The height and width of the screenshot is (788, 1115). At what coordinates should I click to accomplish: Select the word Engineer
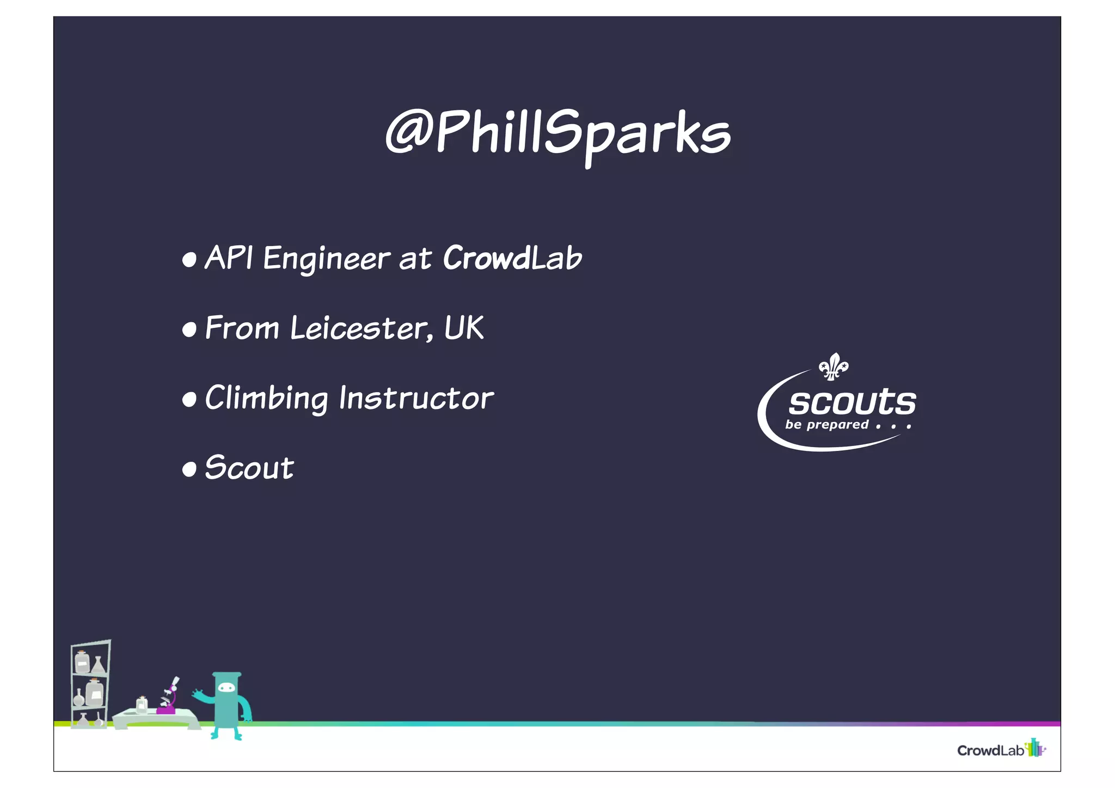coord(327,259)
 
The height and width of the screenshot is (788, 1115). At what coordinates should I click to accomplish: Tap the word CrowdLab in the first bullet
coord(512,258)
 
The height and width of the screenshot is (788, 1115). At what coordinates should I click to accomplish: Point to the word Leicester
coord(361,328)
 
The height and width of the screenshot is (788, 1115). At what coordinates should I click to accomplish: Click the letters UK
coord(464,328)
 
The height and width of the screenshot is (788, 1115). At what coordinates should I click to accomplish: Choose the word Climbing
coord(266,398)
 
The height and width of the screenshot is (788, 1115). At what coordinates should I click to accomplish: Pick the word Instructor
coord(416,398)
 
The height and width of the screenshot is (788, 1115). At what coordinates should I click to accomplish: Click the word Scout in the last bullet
coord(249,468)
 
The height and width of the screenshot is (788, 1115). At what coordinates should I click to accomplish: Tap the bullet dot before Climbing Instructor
coord(189,400)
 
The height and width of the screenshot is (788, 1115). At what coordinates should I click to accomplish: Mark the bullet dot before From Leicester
coord(189,329)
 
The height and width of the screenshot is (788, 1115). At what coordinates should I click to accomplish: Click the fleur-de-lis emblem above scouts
coord(834,366)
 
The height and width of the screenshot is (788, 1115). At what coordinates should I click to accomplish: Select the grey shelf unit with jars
coord(90,683)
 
